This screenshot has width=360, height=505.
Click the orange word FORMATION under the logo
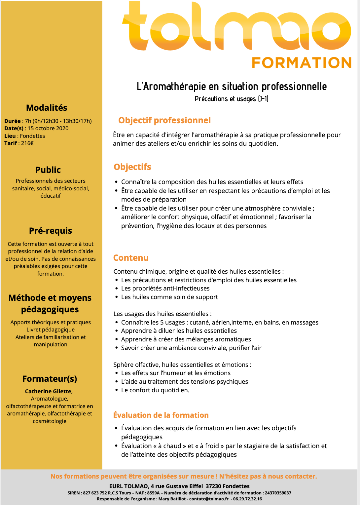pyautogui.click(x=302, y=63)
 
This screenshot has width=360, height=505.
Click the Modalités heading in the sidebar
pyautogui.click(x=47, y=108)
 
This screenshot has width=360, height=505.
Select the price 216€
pyautogui.click(x=27, y=143)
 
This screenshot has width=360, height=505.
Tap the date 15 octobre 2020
pyautogui.click(x=48, y=128)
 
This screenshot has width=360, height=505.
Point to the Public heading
pyautogui.click(x=48, y=170)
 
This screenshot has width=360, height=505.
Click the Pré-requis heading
pyautogui.click(x=51, y=231)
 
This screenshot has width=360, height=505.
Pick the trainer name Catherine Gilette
pyautogui.click(x=49, y=391)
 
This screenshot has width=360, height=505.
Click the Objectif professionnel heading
pyautogui.click(x=164, y=120)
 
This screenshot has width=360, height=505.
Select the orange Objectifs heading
pyautogui.click(x=132, y=167)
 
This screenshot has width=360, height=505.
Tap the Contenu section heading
pyautogui.click(x=131, y=258)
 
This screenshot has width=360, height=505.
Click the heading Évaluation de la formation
pyautogui.click(x=161, y=415)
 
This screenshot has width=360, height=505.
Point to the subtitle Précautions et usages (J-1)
pyautogui.click(x=232, y=99)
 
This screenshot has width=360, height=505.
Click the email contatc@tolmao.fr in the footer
pyautogui.click(x=209, y=499)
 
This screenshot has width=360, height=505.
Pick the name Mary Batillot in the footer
pyautogui.click(x=172, y=499)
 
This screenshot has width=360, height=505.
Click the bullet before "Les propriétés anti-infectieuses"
pyautogui.click(x=116, y=289)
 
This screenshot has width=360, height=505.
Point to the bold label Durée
pyautogui.click(x=13, y=121)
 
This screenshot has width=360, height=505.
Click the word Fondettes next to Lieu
pyautogui.click(x=32, y=136)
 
